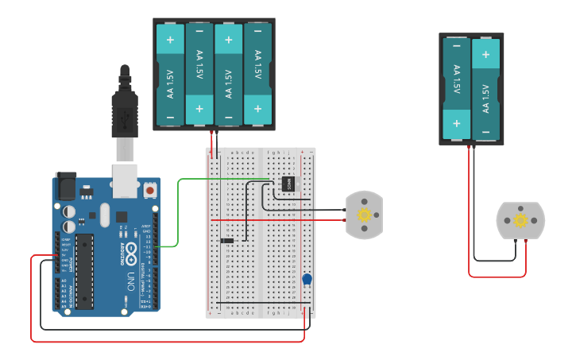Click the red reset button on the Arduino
(149, 191)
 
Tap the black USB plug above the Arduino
(125, 111)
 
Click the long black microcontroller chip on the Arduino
(84, 270)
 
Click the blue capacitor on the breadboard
(307, 279)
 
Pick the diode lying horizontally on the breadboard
(227, 240)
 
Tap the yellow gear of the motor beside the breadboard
(365, 215)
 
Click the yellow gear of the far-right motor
(520, 220)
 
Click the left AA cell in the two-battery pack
(457, 87)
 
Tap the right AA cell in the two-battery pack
(486, 87)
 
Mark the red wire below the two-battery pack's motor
(497, 277)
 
